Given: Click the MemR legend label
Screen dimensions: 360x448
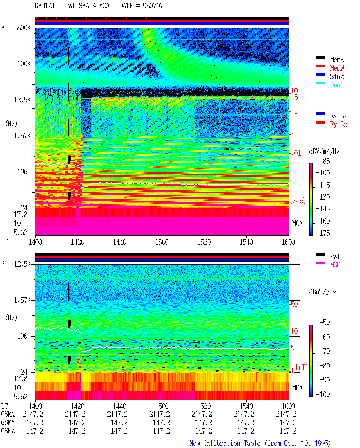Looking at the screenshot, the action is point(337,60).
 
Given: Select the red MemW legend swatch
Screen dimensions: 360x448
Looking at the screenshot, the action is point(320,66).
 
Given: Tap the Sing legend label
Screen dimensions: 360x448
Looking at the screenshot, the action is point(337,76).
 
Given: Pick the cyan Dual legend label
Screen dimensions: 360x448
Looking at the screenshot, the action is point(336,85).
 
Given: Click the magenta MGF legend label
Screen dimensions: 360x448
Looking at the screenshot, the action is point(335,265).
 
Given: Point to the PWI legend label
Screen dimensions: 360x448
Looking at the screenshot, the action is point(335,256).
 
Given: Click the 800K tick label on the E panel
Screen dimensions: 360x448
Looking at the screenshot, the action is point(24,28).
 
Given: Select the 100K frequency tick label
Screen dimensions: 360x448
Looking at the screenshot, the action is point(24,64).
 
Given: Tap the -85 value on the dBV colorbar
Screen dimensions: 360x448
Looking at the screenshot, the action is point(324,161).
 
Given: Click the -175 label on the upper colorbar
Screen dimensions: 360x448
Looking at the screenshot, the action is point(323,233).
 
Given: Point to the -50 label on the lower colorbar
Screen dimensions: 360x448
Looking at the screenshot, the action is point(324,323).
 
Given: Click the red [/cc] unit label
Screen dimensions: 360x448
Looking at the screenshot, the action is point(298,201).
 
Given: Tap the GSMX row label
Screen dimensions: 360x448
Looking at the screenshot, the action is point(8,414).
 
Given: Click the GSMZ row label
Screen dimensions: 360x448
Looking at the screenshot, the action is point(8,431).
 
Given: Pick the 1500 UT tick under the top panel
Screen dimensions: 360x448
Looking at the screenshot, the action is point(162,242).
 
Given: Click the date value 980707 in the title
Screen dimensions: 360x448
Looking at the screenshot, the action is point(153,6).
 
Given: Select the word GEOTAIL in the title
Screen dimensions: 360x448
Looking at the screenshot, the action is point(47,6).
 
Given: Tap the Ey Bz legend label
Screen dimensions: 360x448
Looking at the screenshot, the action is point(339,125).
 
